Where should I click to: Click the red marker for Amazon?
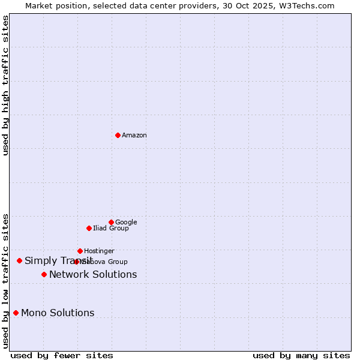click(x=118, y=135)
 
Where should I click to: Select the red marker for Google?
click(x=111, y=222)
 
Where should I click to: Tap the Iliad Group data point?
click(x=89, y=228)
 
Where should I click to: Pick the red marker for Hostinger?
click(x=80, y=251)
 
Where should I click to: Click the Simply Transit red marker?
click(x=19, y=260)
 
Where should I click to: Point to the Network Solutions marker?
click(x=44, y=274)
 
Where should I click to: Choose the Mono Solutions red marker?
click(x=16, y=313)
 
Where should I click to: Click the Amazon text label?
click(x=134, y=136)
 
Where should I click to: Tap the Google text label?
click(x=126, y=223)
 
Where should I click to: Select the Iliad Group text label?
click(x=110, y=229)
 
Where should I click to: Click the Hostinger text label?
click(x=99, y=251)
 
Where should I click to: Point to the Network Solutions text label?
click(x=93, y=275)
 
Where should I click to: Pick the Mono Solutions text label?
click(x=58, y=313)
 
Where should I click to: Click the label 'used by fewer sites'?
click(x=62, y=355)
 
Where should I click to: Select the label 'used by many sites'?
click(x=301, y=355)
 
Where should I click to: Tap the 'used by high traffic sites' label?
click(x=6, y=85)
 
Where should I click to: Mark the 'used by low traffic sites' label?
click(x=6, y=280)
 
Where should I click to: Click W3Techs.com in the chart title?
click(x=307, y=5)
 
